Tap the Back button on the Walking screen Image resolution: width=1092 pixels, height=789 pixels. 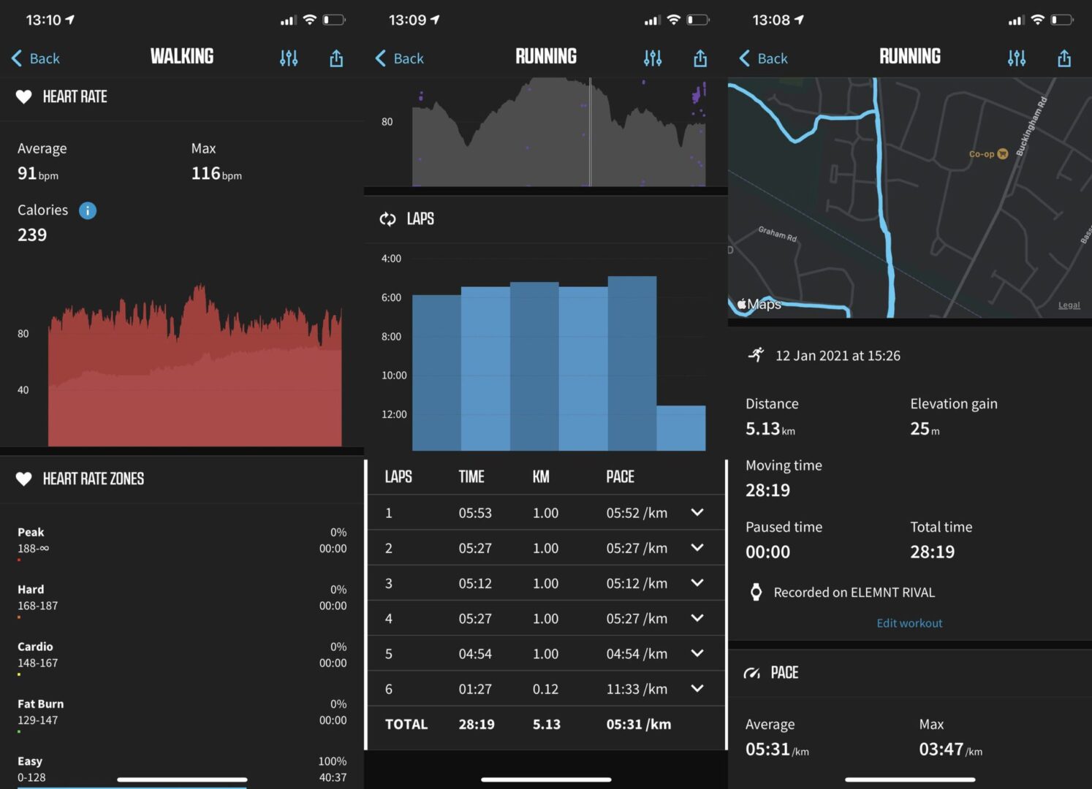[35, 58]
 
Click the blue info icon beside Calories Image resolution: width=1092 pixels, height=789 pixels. [88, 210]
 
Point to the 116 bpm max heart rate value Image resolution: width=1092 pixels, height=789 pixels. [216, 173]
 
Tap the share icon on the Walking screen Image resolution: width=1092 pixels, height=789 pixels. [336, 58]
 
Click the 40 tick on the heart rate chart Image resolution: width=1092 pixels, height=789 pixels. [23, 390]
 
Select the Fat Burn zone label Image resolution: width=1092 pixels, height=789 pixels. [41, 704]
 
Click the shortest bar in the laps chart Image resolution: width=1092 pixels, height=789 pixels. [680, 427]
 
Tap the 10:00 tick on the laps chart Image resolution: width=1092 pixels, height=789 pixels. [394, 376]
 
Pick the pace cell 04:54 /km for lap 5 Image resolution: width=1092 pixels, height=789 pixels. [637, 654]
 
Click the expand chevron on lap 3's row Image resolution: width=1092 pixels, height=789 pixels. [697, 583]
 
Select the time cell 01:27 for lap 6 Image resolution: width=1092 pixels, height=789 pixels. [475, 689]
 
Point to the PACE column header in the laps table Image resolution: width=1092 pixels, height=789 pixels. [620, 477]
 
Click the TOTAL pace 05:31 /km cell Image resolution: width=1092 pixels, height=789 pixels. [638, 724]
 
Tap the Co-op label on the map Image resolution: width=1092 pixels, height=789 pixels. [982, 154]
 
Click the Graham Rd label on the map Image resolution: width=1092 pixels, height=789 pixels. [777, 234]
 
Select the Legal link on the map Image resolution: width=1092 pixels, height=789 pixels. [1069, 305]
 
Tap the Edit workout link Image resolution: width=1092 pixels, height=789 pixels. [909, 623]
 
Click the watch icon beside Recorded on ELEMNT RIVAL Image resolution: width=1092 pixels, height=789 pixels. [757, 592]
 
